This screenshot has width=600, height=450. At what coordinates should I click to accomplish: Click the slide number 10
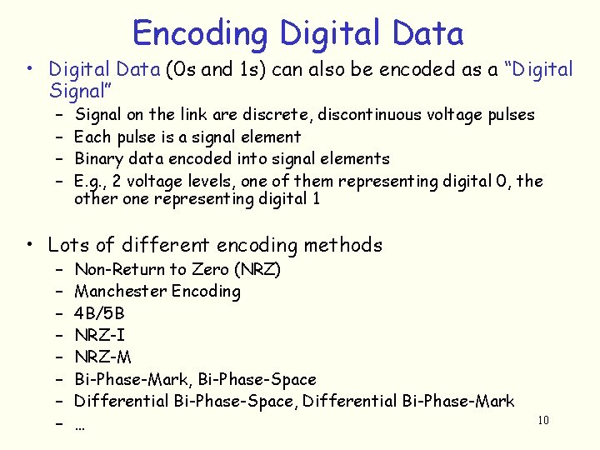(x=543, y=420)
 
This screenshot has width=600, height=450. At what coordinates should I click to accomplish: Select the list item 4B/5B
(x=99, y=313)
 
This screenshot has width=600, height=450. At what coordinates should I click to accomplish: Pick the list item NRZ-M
(x=103, y=358)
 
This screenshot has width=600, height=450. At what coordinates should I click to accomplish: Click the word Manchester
(x=120, y=291)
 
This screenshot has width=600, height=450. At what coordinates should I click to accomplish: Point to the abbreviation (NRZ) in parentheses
(x=253, y=269)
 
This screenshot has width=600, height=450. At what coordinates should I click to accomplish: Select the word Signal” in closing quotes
(x=81, y=89)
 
